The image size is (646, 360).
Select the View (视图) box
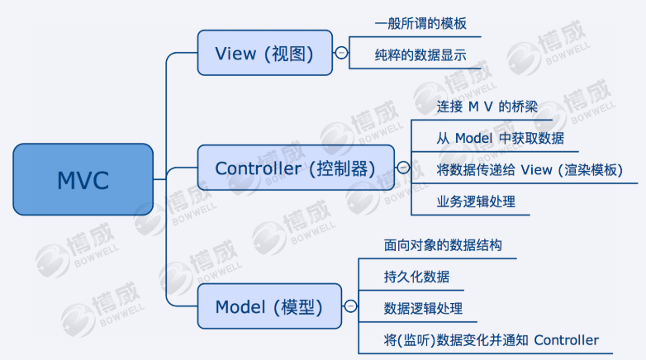264,54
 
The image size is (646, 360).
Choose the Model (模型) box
269,307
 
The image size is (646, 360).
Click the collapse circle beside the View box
340,54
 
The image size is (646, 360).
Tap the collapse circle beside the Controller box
403,168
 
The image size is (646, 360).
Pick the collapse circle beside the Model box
350,307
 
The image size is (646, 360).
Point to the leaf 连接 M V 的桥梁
487,107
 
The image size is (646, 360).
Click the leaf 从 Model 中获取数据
500,138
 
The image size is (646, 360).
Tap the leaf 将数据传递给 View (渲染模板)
529,170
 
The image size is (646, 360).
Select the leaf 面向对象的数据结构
443,245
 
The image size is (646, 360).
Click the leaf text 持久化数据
417,277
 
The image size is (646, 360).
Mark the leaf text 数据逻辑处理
423,309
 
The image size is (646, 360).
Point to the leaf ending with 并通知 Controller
491,340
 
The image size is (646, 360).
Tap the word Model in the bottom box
240,307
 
